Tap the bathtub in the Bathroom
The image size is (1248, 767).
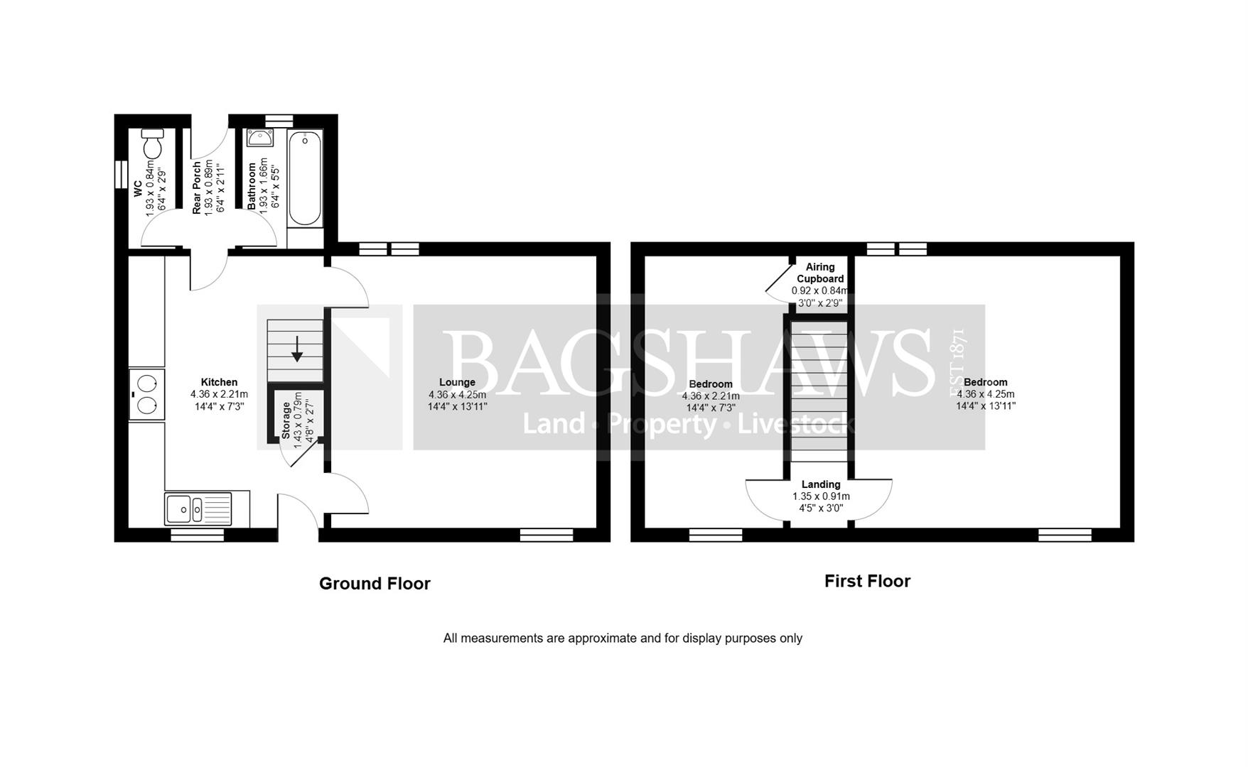(306, 178)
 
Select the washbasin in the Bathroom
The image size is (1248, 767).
(260, 138)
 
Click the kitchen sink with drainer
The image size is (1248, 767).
(198, 508)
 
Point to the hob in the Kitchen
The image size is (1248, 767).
(147, 394)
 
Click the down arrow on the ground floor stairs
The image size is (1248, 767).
(297, 349)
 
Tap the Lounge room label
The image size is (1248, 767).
(457, 382)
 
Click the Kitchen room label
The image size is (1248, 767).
(219, 382)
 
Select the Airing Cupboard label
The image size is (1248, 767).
(820, 273)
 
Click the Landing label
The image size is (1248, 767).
(821, 484)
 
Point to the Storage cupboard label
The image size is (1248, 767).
(286, 420)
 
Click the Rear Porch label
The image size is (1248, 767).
(197, 187)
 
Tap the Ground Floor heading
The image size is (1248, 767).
(375, 584)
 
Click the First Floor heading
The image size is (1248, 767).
(867, 581)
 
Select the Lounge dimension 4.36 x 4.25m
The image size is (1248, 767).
(457, 395)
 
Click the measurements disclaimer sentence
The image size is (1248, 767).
(623, 638)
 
